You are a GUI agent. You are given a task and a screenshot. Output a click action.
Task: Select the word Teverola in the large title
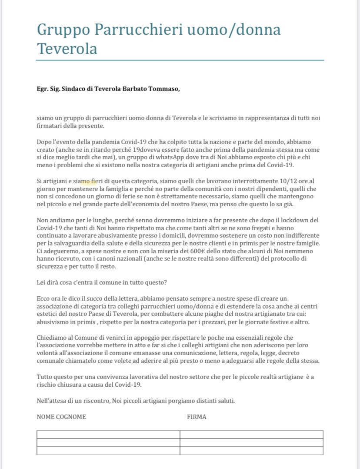pos(67,48)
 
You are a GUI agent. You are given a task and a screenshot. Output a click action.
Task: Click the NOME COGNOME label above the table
pos(61,417)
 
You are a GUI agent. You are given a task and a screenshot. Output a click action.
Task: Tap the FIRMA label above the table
pos(197,417)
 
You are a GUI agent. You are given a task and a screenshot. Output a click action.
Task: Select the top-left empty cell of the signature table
pos(108,435)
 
